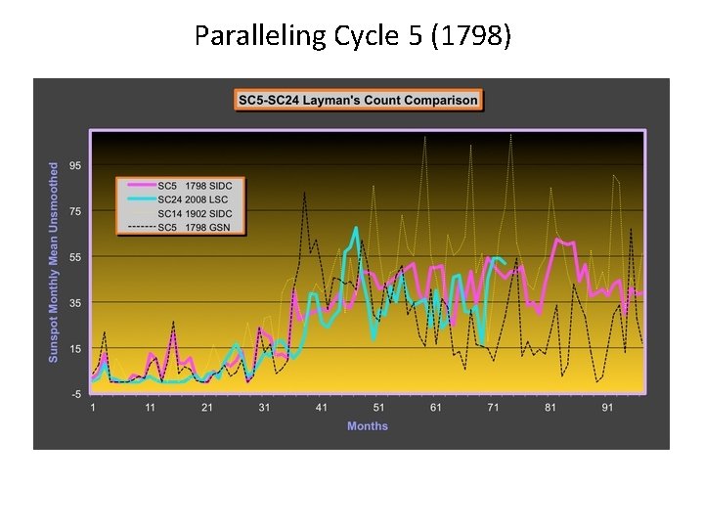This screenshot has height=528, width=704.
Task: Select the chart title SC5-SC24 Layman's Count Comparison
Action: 357,100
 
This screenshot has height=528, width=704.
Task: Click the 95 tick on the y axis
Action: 75,165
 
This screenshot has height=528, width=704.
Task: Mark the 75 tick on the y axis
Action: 75,211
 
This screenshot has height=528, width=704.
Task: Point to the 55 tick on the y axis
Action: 75,257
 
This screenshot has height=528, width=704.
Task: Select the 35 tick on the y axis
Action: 75,303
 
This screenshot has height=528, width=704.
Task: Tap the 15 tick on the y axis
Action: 75,349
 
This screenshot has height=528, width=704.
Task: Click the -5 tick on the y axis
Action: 75,394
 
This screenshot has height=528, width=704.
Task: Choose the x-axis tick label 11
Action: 151,407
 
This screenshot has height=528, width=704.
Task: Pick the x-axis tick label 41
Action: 322,407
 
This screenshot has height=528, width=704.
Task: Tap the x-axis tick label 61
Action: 436,407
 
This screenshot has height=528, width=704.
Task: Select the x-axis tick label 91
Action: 607,407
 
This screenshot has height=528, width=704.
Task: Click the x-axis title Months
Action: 368,426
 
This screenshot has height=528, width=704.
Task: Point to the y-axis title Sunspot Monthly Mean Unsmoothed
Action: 54,262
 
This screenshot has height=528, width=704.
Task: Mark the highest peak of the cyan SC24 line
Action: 356,228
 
